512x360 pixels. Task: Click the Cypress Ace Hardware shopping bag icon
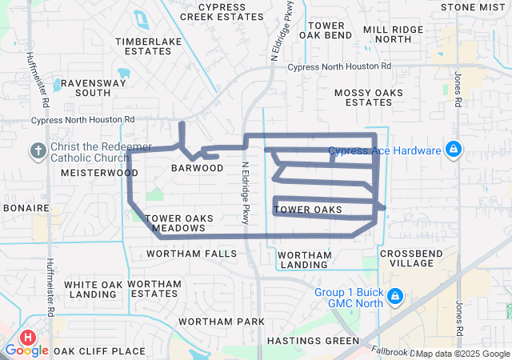(x=454, y=150)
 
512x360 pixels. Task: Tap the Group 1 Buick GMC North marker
(x=394, y=297)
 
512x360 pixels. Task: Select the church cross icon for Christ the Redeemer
(x=38, y=150)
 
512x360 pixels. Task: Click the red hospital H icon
(x=29, y=339)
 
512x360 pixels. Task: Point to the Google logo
(x=27, y=350)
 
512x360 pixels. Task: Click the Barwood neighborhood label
(x=198, y=168)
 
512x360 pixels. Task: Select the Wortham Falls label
(x=192, y=254)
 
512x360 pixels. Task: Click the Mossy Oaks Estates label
(x=369, y=98)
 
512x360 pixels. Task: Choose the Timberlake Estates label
(x=143, y=46)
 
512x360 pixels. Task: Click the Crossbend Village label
(x=406, y=258)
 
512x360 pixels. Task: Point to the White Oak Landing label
(x=94, y=289)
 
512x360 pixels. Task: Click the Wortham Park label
(x=221, y=321)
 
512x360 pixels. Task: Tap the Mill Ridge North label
(x=393, y=34)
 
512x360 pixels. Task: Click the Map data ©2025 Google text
(x=462, y=354)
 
